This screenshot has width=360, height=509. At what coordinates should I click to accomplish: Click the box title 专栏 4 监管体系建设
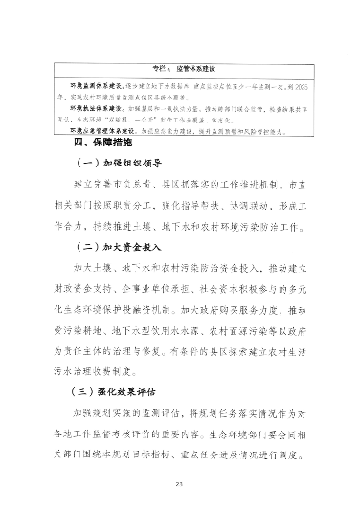180,70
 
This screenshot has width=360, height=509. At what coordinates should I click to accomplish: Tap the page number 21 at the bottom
180,486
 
